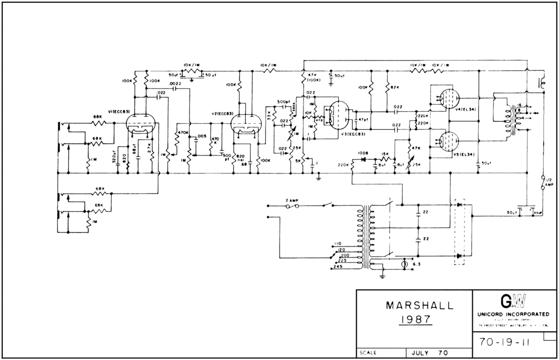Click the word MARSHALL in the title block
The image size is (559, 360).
(419, 306)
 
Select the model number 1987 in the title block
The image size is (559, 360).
(416, 320)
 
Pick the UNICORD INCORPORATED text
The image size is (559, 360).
(514, 315)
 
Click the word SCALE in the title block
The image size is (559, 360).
(368, 353)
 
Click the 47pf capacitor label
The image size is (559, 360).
(361, 119)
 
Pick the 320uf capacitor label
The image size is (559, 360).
(113, 157)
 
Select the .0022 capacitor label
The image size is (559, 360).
(175, 83)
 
